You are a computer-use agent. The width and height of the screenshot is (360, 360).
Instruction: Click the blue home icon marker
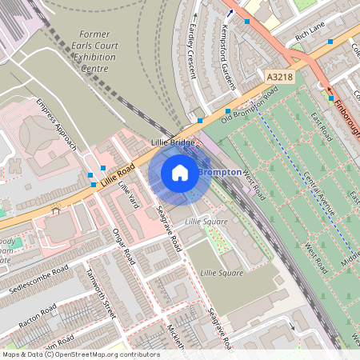click(180, 173)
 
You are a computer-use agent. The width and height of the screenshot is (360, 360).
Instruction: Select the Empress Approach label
click(56, 125)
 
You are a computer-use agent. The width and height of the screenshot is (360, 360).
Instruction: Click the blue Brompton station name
click(218, 173)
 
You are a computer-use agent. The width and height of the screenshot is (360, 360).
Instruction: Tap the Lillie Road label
click(120, 174)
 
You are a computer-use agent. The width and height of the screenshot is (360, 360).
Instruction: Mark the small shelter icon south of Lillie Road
click(56, 210)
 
